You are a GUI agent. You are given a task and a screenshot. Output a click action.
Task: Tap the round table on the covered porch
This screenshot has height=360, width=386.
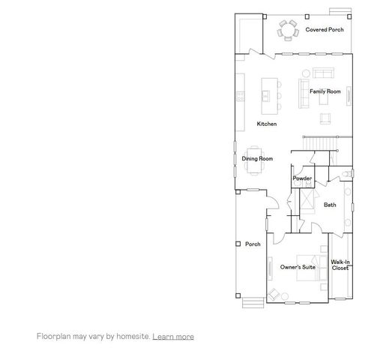(288, 31)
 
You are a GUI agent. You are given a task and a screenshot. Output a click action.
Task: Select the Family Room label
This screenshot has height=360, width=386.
(325, 91)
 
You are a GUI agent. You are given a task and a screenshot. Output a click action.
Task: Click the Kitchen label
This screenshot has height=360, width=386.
(267, 124)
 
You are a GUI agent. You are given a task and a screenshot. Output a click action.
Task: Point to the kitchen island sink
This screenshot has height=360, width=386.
(267, 95)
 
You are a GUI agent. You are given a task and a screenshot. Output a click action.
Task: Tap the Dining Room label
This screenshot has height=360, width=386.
(256, 159)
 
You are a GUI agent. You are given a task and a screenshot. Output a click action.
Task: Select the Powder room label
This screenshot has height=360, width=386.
(302, 178)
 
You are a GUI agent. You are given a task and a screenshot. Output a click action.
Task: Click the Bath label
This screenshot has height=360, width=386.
(330, 205)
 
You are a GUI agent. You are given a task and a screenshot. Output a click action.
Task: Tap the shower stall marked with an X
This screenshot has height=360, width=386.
(307, 201)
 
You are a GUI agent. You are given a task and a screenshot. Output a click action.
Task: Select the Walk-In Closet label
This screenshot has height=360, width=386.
(340, 265)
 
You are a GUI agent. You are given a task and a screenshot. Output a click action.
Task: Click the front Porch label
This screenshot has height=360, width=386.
(253, 244)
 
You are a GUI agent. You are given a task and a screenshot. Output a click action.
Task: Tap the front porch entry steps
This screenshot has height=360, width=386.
(250, 301)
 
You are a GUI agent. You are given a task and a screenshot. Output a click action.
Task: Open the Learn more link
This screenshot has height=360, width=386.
(173, 337)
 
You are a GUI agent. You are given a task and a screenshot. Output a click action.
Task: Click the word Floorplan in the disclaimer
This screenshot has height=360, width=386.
(53, 337)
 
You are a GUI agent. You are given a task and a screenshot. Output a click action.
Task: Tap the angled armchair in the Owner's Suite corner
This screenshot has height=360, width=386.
(275, 295)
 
